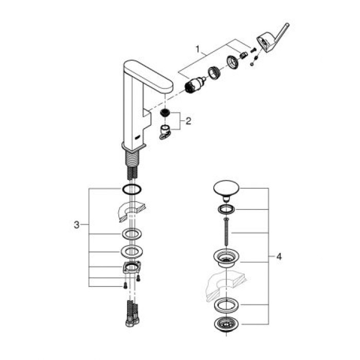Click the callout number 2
click(188, 122)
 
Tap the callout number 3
click(77, 225)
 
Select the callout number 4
click(279, 256)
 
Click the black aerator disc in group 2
click(165, 112)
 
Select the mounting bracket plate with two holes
click(132, 268)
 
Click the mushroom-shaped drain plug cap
click(225, 189)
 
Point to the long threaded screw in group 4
click(225, 232)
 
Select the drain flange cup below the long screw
click(225, 257)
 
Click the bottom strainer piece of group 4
click(225, 324)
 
